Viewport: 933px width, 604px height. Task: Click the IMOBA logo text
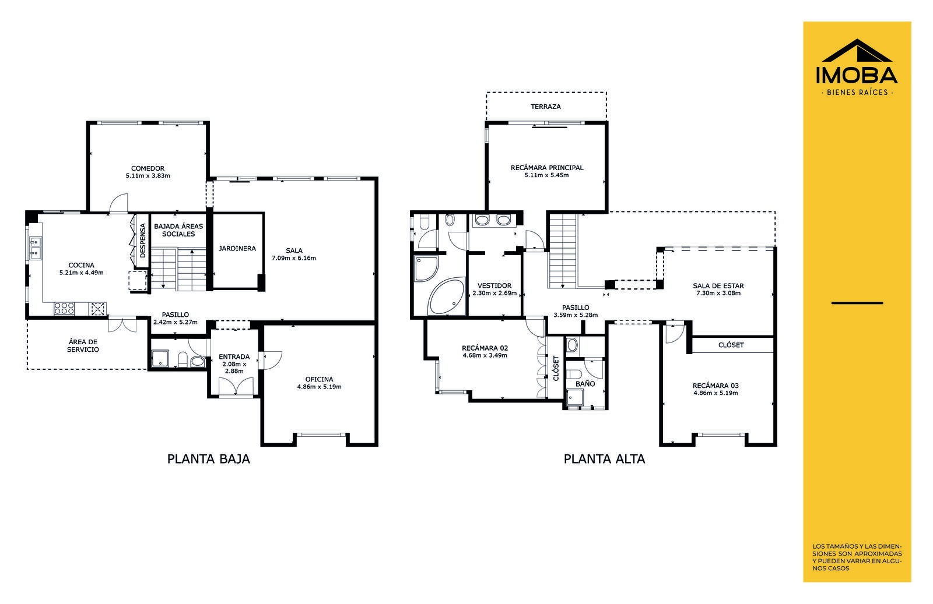[x=857, y=75]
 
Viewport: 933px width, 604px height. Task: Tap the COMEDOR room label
[x=148, y=168]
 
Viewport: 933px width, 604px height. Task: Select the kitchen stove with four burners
[x=64, y=309]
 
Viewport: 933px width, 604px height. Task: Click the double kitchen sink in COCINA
[x=36, y=248]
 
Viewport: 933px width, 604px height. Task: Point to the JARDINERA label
[x=237, y=248]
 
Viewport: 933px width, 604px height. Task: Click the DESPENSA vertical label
[x=143, y=241]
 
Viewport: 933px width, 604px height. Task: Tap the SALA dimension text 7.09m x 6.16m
[x=294, y=259]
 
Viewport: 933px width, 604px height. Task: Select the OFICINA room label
[x=320, y=379]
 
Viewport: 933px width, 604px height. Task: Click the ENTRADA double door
[x=236, y=386]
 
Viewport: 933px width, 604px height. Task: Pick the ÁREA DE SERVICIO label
[x=83, y=345]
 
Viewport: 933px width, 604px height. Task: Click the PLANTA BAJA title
[x=209, y=459]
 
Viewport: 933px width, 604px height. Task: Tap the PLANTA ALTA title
[x=604, y=459]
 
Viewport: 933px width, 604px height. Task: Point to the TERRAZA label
[x=546, y=107]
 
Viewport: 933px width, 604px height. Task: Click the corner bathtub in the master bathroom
[x=446, y=296]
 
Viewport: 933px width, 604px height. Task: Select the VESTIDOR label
[x=494, y=286]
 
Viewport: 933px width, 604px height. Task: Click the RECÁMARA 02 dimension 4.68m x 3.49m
[x=485, y=356]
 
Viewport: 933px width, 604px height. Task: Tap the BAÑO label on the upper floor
[x=585, y=384]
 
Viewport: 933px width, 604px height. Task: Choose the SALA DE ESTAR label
[x=718, y=286]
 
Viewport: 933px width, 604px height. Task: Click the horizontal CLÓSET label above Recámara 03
[x=731, y=345]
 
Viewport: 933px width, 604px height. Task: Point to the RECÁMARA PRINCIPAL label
[x=547, y=168]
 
